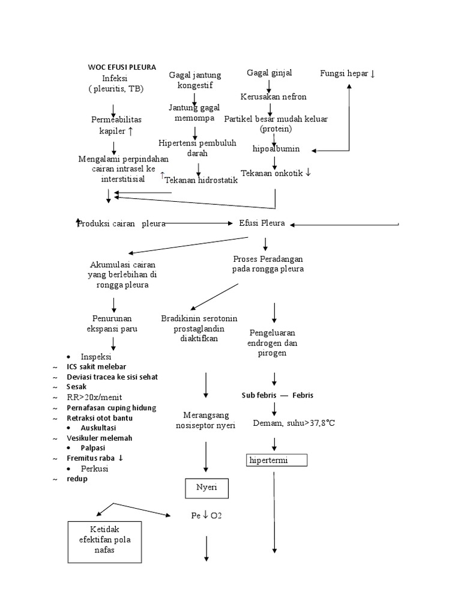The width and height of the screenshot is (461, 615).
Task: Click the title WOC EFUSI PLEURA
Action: coord(122,67)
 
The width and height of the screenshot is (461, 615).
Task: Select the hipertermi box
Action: coord(277,461)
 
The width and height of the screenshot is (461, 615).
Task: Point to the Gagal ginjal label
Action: coord(270,73)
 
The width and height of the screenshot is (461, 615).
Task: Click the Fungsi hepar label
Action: coord(348,73)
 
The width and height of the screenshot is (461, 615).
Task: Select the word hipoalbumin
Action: coord(276,149)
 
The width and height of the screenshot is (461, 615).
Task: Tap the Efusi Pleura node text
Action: coord(261,223)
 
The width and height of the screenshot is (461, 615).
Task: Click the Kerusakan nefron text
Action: coord(273,96)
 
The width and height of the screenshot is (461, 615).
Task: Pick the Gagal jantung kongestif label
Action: coord(195,80)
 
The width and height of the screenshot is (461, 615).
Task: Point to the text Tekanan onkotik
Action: coord(276,173)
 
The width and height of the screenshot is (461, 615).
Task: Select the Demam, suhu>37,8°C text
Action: coord(294,423)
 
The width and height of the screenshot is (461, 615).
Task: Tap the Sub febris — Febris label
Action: coord(277,395)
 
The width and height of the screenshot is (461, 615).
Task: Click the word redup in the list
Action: coord(77,479)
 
